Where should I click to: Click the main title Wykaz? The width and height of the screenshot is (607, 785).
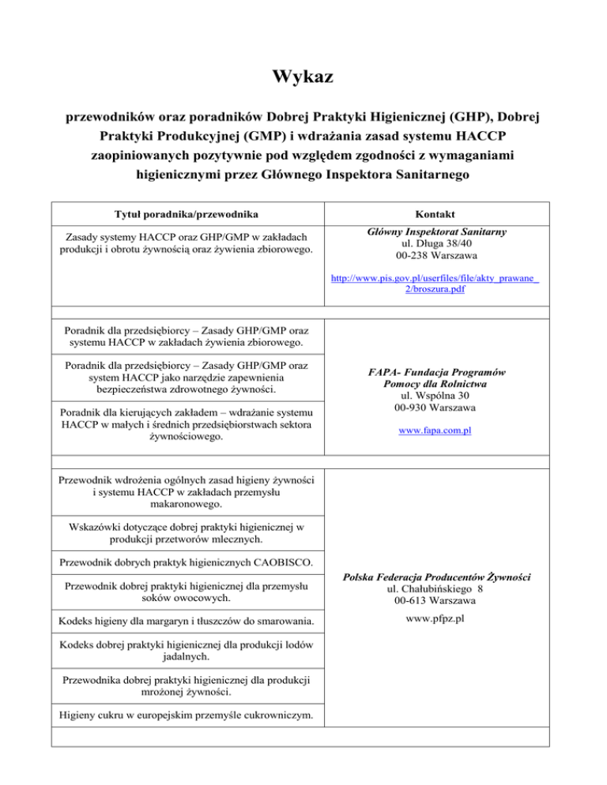[303, 77]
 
